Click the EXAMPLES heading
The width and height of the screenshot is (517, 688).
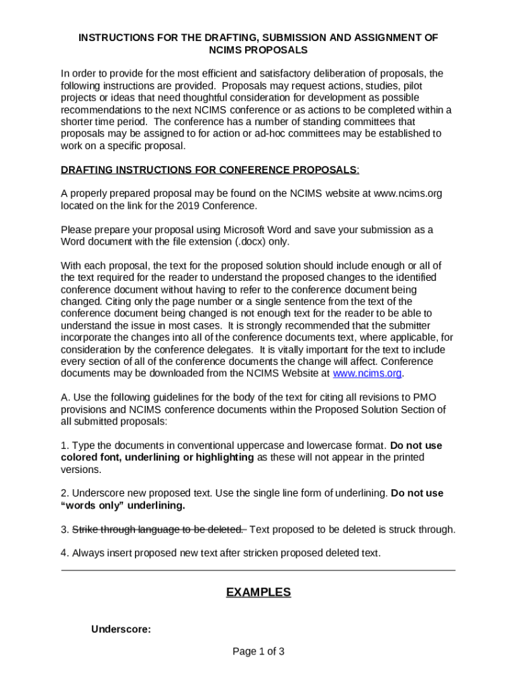point(258,592)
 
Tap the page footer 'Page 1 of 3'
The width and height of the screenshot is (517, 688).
point(258,651)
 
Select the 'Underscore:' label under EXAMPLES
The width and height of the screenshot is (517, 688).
point(121,630)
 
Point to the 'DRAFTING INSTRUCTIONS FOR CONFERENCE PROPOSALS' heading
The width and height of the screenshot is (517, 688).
point(209,169)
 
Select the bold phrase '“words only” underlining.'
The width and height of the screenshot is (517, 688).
point(123,505)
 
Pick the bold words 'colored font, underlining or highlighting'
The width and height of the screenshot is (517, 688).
point(157,458)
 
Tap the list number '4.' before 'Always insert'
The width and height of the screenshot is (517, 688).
point(65,554)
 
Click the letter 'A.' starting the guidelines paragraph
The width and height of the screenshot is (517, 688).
point(65,398)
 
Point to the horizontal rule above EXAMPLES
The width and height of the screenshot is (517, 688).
point(258,570)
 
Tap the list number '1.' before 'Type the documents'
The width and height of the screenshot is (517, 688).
point(65,445)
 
